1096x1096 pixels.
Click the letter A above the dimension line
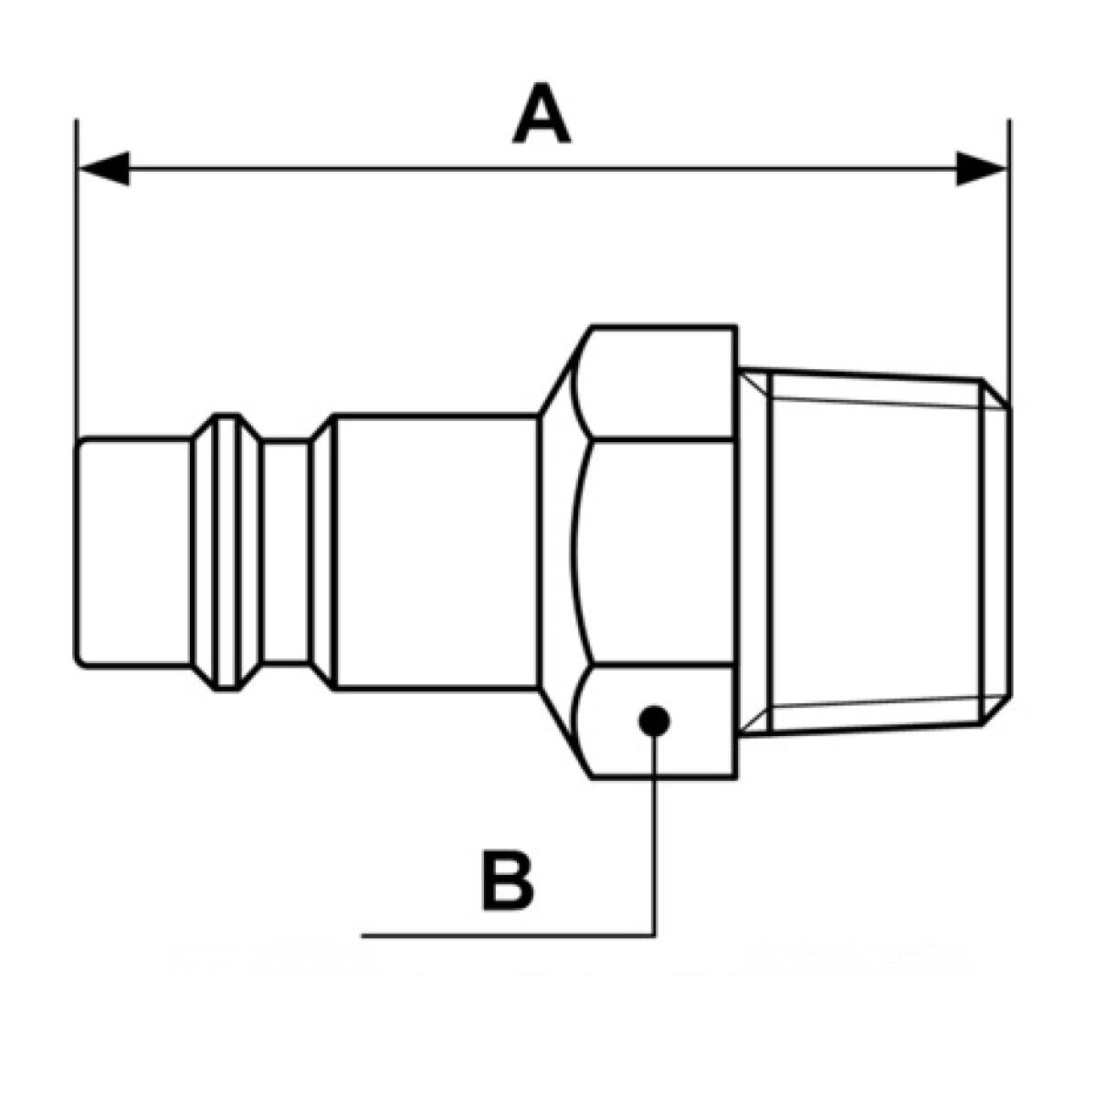coord(541,112)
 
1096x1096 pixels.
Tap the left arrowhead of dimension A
coord(105,168)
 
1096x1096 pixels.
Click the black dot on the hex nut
coord(654,721)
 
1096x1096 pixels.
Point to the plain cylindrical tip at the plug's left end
coord(133,552)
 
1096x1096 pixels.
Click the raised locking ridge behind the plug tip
coord(227,552)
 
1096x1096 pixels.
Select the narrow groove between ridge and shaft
coord(286,552)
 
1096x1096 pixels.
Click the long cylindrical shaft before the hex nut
coord(437,553)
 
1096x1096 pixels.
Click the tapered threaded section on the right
coord(876,552)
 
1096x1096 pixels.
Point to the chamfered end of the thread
coord(996,552)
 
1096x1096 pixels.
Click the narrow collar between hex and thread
coord(753,553)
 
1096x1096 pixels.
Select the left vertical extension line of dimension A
coord(76,279)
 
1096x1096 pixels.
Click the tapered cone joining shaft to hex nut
coord(556,553)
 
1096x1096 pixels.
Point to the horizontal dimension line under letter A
coord(543,168)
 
